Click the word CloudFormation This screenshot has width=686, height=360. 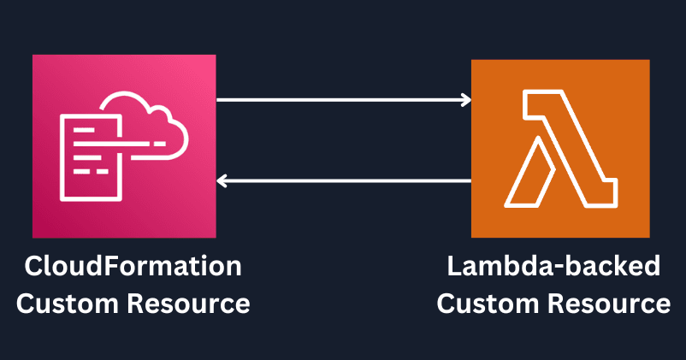tap(133, 267)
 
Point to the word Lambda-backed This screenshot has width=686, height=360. tap(554, 267)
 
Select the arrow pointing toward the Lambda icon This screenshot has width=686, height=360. tap(342, 100)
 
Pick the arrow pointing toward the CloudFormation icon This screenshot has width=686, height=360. tap(342, 180)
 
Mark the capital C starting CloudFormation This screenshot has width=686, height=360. tap(33, 267)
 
